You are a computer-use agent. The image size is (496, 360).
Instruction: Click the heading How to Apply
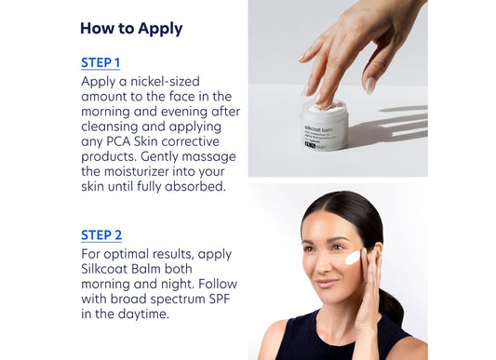130,28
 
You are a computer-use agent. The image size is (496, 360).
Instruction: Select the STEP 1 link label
101,63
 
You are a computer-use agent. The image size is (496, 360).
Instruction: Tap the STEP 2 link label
101,235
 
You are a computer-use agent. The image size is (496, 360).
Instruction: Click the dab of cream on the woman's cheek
352,258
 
